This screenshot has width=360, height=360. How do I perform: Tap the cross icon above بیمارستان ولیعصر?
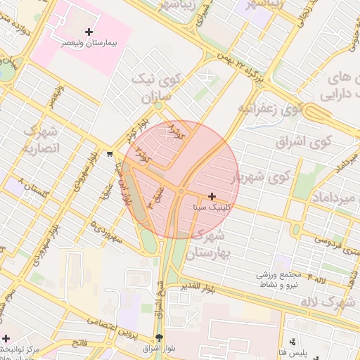tap(89, 32)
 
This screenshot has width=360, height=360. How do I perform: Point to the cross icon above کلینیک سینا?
tap(212, 196)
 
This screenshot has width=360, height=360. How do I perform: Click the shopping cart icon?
tap(110, 154)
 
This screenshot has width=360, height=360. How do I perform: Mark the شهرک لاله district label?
tap(329, 301)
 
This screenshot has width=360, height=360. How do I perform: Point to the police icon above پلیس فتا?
tap(292, 341)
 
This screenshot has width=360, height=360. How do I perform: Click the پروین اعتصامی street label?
tap(111, 324)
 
